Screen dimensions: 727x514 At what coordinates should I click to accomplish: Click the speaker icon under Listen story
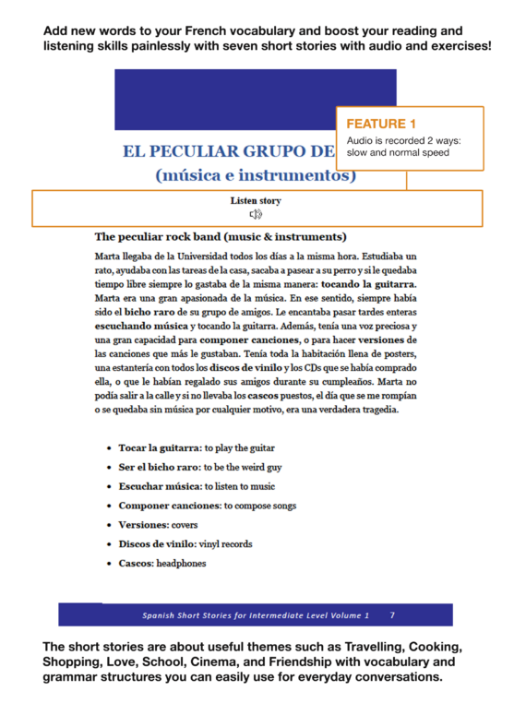256,215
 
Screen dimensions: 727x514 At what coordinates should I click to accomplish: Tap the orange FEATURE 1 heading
381,123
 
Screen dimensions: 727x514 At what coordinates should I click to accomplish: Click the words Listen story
256,200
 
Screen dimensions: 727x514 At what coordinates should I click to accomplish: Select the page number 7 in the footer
392,614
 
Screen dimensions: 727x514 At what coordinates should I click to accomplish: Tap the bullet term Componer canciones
169,506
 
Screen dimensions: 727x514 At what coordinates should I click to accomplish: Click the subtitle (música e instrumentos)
256,173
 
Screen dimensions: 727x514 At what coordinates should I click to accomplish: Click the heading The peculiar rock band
220,236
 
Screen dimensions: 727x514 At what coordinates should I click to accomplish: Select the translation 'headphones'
181,564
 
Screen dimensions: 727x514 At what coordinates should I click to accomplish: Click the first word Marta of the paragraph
109,255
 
